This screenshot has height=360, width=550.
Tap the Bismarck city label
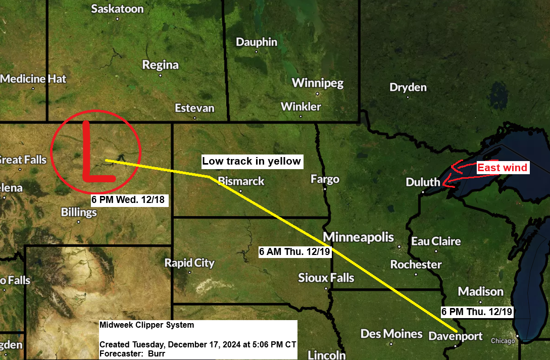click(x=241, y=181)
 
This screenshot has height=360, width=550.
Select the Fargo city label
click(x=325, y=179)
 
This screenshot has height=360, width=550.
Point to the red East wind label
click(x=502, y=168)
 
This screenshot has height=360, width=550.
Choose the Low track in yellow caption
click(x=252, y=162)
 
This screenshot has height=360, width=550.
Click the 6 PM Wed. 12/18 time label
click(x=128, y=199)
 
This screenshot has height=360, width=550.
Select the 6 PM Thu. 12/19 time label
click(x=477, y=312)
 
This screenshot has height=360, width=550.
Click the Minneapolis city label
click(x=359, y=237)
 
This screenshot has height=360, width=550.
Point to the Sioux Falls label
click(x=326, y=278)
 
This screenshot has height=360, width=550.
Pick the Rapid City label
click(x=189, y=263)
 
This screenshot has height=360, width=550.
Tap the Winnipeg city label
click(x=318, y=83)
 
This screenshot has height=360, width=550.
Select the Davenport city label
click(x=456, y=336)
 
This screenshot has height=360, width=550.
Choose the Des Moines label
click(x=391, y=334)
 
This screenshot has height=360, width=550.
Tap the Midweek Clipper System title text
click(x=146, y=325)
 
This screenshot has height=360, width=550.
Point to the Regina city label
click(x=161, y=65)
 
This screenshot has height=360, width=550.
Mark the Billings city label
click(x=79, y=212)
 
